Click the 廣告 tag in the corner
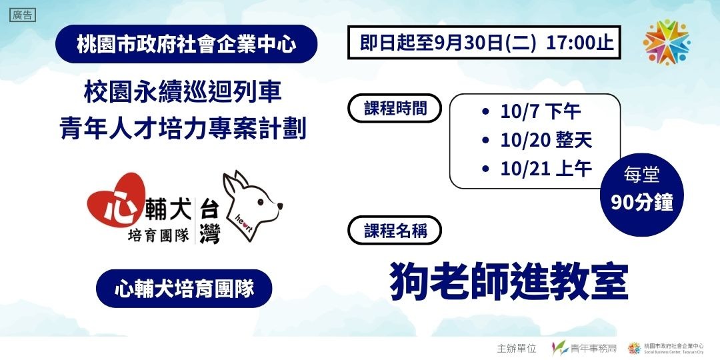22,15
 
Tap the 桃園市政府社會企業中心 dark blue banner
187,45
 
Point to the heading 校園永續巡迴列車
187,92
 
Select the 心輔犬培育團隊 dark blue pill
184,289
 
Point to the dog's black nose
280,206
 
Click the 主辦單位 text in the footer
517,348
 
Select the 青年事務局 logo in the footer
584,348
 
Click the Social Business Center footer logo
667,348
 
